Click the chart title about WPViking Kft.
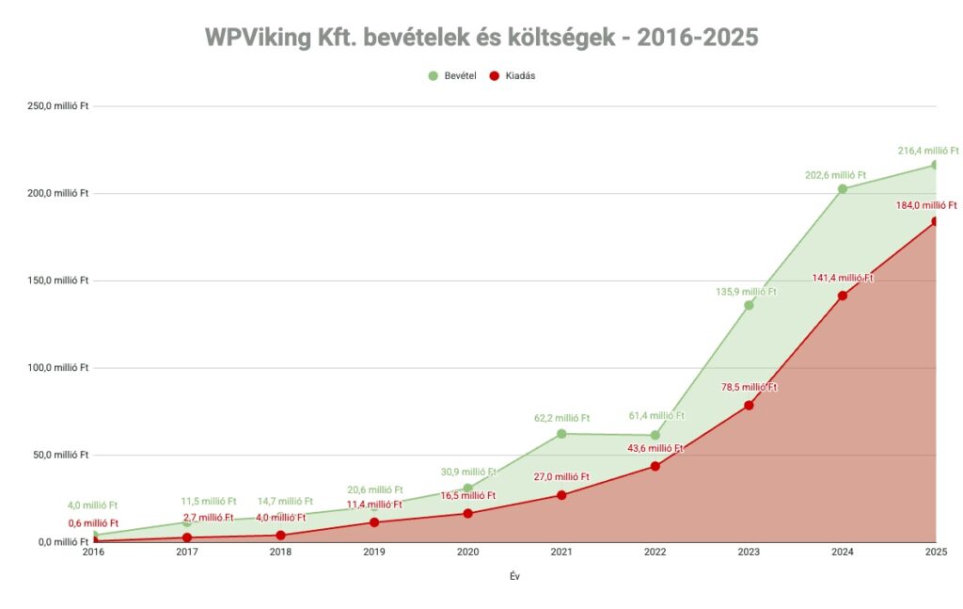481,38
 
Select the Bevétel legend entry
456,76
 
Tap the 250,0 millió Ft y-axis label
57,106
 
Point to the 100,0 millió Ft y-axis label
57,368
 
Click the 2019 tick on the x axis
373,553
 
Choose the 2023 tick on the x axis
749,553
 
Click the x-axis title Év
513,577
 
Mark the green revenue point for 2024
843,189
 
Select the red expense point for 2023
749,406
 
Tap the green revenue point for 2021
561,434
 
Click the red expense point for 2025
936,221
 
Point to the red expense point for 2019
374,522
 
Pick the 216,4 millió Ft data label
927,151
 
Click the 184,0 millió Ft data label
925,205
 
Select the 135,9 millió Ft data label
747,292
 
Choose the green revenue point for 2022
655,435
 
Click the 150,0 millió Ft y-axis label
57,280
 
